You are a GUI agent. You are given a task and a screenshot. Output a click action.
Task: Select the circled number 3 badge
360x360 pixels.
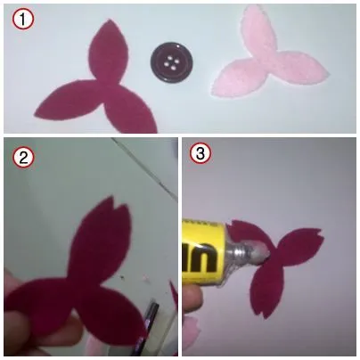point(201,154)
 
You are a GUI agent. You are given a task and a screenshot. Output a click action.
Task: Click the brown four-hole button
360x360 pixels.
point(170,63)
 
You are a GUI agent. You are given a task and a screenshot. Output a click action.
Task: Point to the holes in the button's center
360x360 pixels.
point(170,63)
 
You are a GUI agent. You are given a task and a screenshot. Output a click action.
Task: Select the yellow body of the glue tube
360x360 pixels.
point(201,254)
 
